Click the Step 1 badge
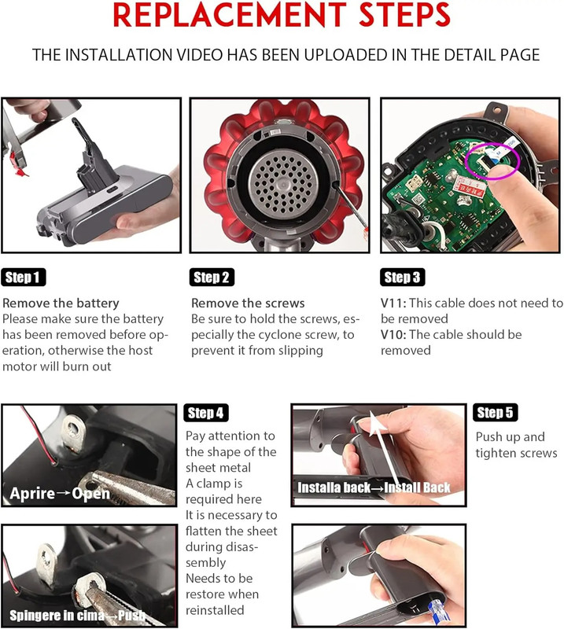pyautogui.click(x=24, y=278)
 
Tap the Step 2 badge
pyautogui.click(x=212, y=278)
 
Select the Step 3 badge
pyautogui.click(x=402, y=278)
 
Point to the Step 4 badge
pyautogui.click(x=206, y=413)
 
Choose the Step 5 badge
pyautogui.click(x=495, y=412)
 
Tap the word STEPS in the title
pyautogui.click(x=404, y=15)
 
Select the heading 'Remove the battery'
pyautogui.click(x=61, y=303)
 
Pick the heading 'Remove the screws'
pyautogui.click(x=248, y=303)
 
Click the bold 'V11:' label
pyautogui.click(x=393, y=303)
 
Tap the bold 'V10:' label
pyautogui.click(x=393, y=335)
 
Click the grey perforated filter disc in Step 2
pyautogui.click(x=283, y=184)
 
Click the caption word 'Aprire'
pyautogui.click(x=32, y=494)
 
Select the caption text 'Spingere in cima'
pyautogui.click(x=57, y=616)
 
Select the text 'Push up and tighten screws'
pyautogui.click(x=516, y=445)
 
